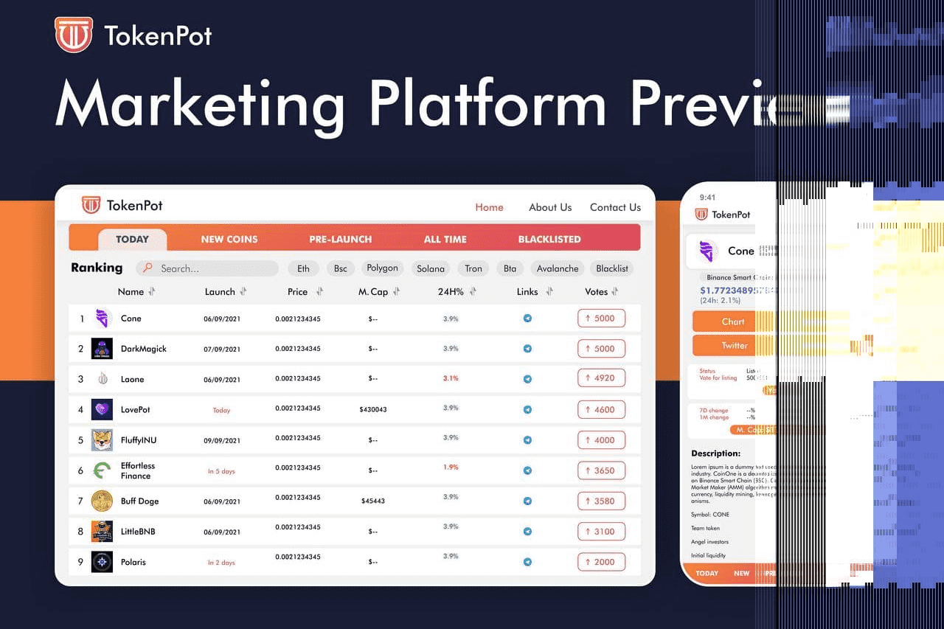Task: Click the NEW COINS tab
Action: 229,239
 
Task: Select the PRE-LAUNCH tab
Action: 340,239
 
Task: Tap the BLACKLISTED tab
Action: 549,239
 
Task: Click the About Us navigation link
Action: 550,207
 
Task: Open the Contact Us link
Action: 615,207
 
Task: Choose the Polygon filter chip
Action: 382,268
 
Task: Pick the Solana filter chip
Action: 431,268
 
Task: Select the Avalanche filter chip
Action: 558,268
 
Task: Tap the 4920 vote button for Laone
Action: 601,378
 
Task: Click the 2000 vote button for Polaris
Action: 601,561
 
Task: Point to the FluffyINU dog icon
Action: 102,440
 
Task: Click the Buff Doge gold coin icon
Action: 102,501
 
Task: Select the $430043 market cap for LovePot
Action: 373,409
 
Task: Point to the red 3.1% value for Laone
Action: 451,378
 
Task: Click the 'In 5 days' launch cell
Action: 221,471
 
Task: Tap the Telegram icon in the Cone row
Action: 527,319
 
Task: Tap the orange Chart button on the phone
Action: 733,322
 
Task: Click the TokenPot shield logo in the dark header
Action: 74,35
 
